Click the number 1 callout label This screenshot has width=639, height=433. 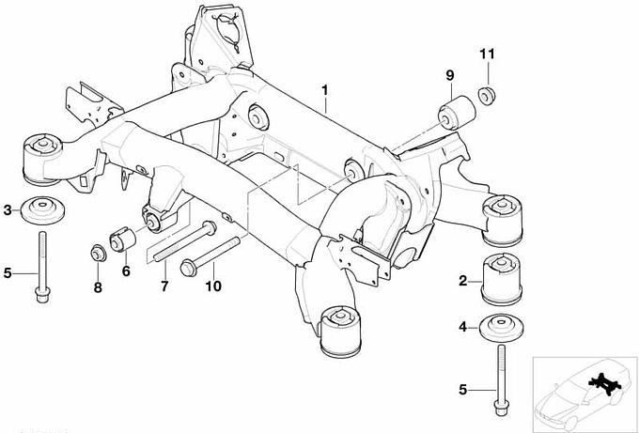[324, 90]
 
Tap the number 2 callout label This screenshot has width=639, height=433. [463, 280]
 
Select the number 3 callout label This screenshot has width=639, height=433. [8, 209]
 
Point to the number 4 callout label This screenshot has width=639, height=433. [462, 328]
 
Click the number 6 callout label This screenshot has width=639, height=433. [125, 272]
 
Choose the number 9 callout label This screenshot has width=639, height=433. [449, 75]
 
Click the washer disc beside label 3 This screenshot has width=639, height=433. [40, 209]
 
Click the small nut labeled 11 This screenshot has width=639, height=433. [487, 95]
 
